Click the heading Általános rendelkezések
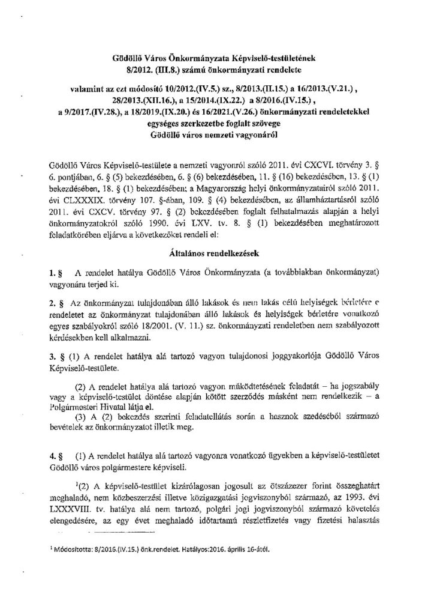point(216,253)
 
